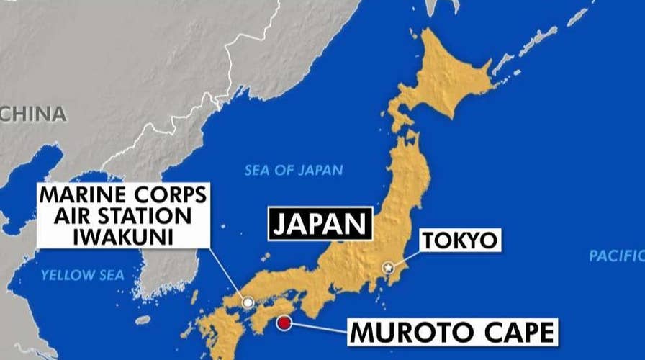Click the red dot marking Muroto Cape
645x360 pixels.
click(286, 323)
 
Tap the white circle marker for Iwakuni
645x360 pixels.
click(248, 303)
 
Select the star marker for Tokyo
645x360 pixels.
click(389, 269)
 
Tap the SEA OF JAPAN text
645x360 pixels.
click(293, 171)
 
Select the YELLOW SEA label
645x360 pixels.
click(82, 274)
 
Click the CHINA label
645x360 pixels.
click(34, 114)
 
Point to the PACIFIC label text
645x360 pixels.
click(616, 255)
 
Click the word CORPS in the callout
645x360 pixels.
click(166, 194)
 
